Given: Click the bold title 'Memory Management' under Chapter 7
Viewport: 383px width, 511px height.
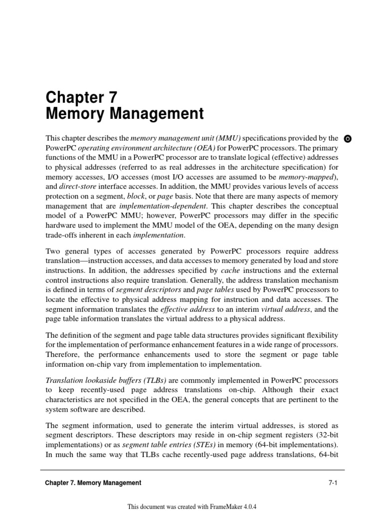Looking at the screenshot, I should point(125,114).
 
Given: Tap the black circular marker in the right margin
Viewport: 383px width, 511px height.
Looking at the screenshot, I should point(348,138).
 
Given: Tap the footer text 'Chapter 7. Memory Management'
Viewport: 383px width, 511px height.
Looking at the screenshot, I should point(93,483).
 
